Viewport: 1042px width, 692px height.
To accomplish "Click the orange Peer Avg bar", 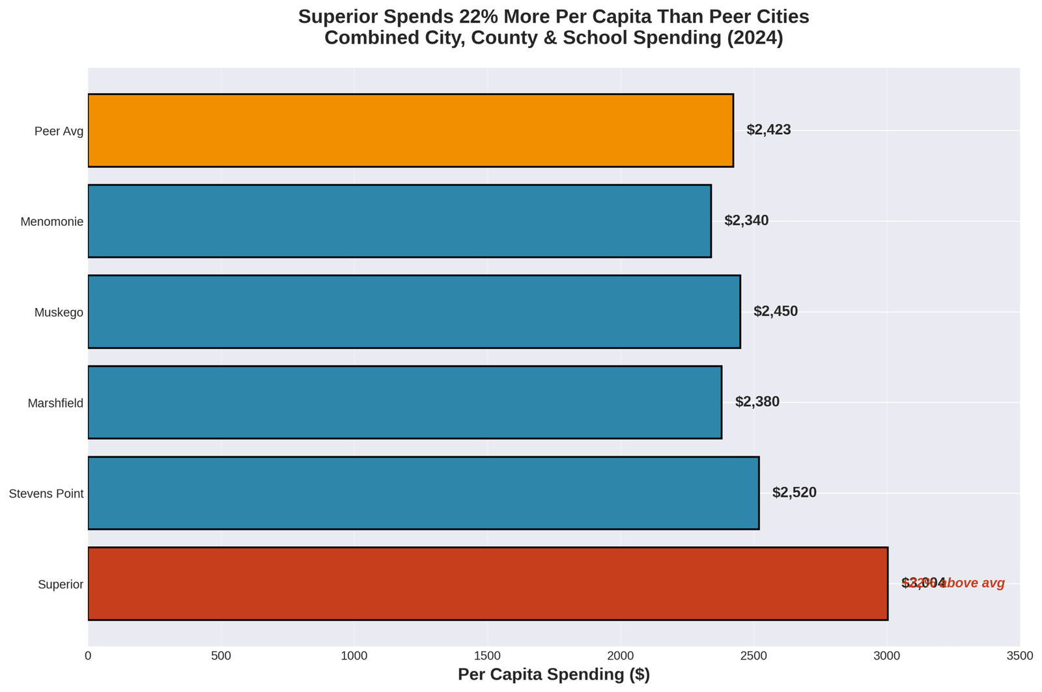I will (x=410, y=130).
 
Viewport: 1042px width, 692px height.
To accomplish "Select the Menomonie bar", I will (x=399, y=221).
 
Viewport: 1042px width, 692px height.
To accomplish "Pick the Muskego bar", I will (x=414, y=312).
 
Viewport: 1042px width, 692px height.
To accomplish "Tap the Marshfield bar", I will (x=404, y=402).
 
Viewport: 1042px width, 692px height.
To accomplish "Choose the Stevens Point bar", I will (x=423, y=493).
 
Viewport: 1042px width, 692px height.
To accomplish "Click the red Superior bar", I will (x=488, y=583).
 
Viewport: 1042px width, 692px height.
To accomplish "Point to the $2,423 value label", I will (x=768, y=130).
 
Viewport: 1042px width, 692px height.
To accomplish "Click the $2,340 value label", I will (x=746, y=221).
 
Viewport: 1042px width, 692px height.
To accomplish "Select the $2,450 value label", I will (x=776, y=312).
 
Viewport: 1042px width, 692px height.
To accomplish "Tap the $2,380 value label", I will (x=757, y=402).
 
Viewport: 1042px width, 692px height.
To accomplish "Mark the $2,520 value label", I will (x=794, y=493).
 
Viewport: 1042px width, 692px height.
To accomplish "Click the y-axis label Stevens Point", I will (x=46, y=494).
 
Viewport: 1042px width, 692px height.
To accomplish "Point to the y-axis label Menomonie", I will (x=52, y=222).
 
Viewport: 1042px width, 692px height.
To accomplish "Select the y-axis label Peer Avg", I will (x=59, y=131).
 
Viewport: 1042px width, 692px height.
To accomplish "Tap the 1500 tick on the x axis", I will (x=488, y=656).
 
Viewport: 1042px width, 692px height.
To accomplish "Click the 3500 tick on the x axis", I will (x=1020, y=656).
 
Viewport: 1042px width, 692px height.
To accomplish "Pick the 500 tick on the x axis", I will (x=221, y=656).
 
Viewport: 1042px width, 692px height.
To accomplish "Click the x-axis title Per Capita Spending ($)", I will (x=554, y=675).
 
